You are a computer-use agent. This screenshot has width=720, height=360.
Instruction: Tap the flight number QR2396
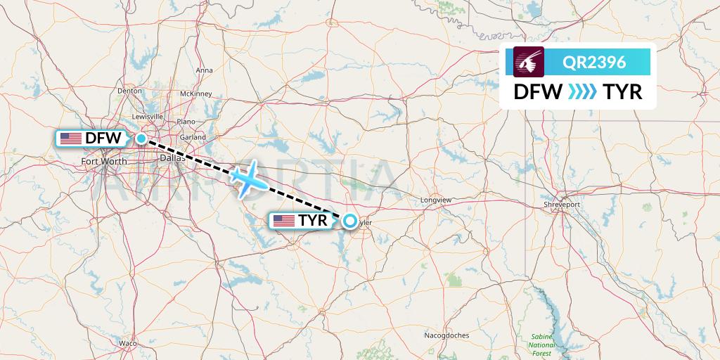click(x=594, y=62)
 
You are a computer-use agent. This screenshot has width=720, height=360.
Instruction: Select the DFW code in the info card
click(x=538, y=91)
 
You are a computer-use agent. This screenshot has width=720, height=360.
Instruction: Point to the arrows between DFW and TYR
click(x=581, y=91)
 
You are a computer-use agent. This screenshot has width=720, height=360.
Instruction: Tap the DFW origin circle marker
click(x=141, y=139)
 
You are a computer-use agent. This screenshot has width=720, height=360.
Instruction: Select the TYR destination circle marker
click(x=349, y=221)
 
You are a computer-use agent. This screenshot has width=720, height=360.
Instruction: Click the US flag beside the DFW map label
click(x=71, y=139)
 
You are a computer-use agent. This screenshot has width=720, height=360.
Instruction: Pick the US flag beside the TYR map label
click(x=284, y=221)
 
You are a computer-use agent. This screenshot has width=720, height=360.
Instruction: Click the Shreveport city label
click(x=562, y=204)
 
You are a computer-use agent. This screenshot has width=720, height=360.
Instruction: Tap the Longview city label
click(x=435, y=200)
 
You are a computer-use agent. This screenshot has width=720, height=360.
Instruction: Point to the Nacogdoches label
click(x=446, y=335)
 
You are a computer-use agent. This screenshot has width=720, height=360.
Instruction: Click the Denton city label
click(x=130, y=91)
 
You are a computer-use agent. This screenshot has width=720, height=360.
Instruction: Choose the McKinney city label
click(x=196, y=94)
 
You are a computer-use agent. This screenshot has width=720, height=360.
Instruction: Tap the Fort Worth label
click(x=104, y=162)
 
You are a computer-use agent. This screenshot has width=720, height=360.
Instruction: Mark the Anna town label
click(x=204, y=70)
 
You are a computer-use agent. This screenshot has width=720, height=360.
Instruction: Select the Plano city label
click(x=186, y=121)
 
